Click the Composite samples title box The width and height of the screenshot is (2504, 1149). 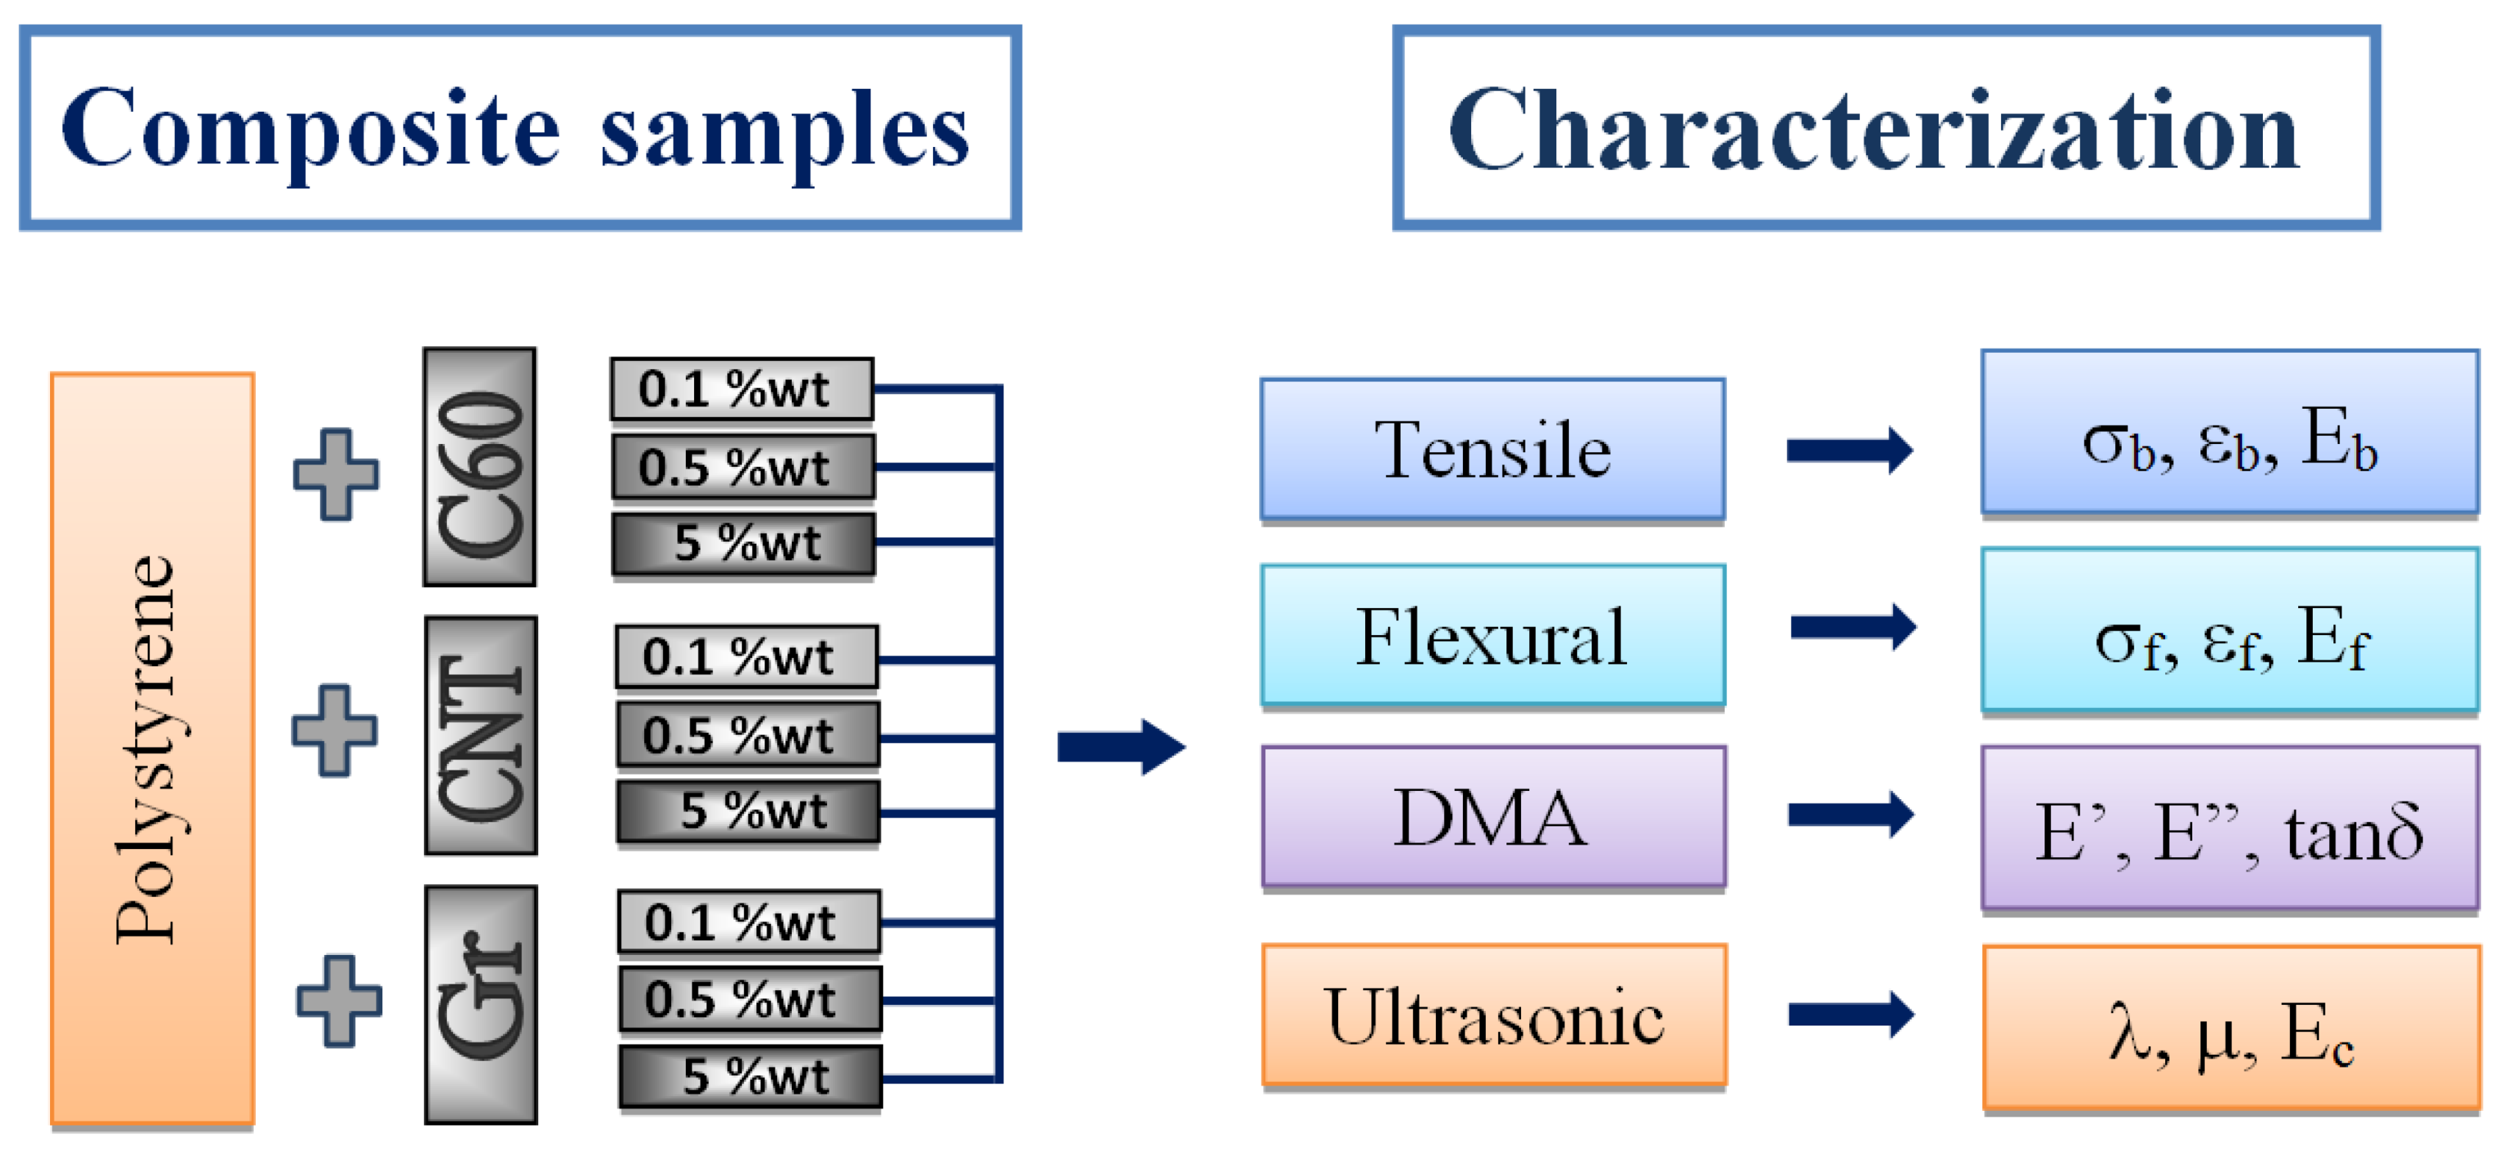click(x=520, y=129)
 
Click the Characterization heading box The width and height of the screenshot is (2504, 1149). click(x=1886, y=129)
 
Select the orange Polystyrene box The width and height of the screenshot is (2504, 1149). click(x=153, y=748)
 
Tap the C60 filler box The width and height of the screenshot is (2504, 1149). click(x=479, y=467)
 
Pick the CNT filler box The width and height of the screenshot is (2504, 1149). click(x=480, y=736)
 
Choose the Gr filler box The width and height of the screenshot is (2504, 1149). click(x=480, y=1004)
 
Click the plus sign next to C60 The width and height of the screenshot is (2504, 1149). click(x=336, y=474)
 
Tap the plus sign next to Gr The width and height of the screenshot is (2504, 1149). click(x=339, y=1001)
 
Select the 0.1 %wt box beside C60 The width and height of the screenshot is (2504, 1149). click(x=742, y=389)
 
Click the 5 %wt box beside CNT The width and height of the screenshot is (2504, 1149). click(x=748, y=812)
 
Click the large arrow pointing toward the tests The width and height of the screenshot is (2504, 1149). click(x=1120, y=747)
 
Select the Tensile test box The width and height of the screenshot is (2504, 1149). click(x=1492, y=449)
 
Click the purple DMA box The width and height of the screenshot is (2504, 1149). click(x=1493, y=817)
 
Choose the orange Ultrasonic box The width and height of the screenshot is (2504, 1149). click(x=1494, y=1015)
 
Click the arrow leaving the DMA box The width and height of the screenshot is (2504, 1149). click(x=1850, y=815)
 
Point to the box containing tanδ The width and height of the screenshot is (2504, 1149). click(x=2229, y=828)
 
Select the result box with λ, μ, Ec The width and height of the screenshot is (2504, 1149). click(x=2231, y=1028)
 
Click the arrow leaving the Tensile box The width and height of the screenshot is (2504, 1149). click(x=1849, y=450)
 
